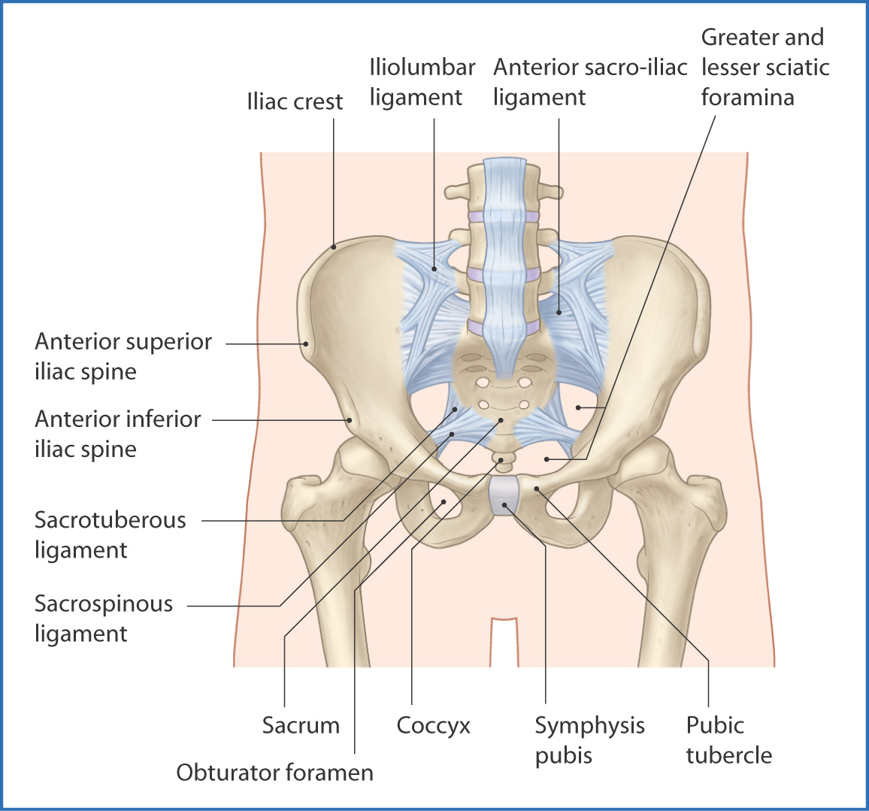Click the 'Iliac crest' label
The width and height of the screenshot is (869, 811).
[x=295, y=101]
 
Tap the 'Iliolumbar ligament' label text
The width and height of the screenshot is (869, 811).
[x=422, y=82]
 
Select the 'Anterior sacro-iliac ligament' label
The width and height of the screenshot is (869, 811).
[x=590, y=82]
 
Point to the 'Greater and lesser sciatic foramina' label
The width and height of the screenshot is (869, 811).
[x=765, y=67]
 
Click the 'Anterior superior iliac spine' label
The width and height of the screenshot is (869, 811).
[x=123, y=356]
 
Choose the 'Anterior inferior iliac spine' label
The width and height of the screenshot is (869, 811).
[x=117, y=434]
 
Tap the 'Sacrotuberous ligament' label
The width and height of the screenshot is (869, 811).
[x=110, y=534]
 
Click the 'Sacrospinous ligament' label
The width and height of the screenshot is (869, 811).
[x=104, y=619]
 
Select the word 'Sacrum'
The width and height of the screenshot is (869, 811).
[x=301, y=725]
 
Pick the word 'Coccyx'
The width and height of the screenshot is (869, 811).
[x=434, y=726]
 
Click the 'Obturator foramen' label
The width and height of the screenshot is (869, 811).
[x=275, y=772]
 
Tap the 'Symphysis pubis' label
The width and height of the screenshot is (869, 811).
[x=589, y=740]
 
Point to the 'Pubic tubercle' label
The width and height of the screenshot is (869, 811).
[x=728, y=740]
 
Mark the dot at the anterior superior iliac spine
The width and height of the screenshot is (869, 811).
[x=305, y=344]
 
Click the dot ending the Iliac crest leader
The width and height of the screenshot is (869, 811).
[x=334, y=247]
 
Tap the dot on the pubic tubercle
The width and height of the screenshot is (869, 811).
[x=536, y=488]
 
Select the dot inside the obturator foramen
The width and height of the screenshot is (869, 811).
[x=444, y=502]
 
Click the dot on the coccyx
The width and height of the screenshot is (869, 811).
[x=501, y=460]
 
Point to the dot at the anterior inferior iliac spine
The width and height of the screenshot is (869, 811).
[x=350, y=420]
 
